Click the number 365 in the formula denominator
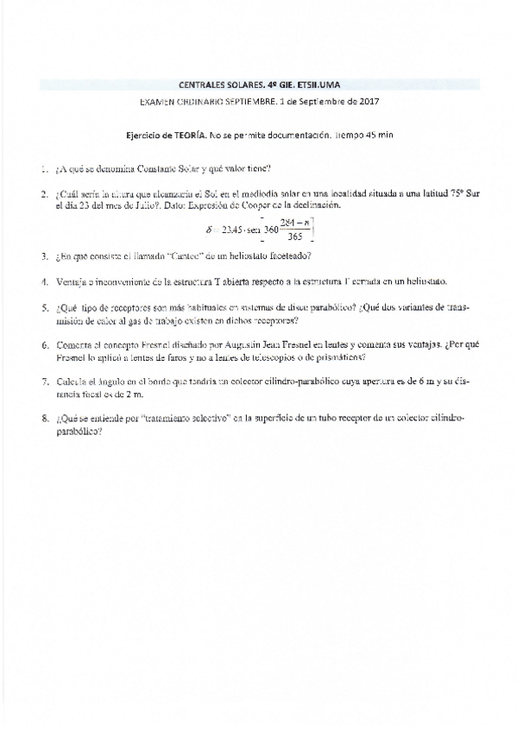293,237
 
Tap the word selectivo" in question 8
207,418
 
